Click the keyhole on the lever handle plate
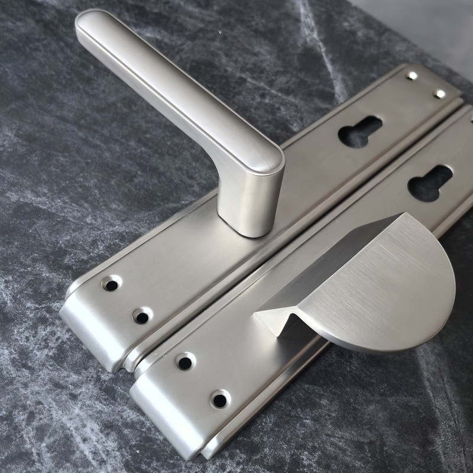(359, 131)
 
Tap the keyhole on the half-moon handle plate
(430, 183)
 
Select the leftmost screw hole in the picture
(111, 284)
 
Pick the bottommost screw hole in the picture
(220, 400)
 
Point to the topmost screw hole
(412, 76)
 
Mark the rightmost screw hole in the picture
(439, 94)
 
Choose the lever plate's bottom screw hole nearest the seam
(141, 316)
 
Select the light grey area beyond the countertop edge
(426, 24)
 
